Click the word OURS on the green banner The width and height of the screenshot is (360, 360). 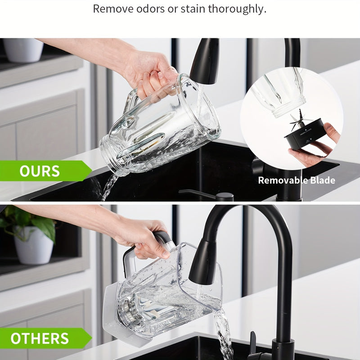click(x=40, y=171)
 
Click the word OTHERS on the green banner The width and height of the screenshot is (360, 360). click(x=40, y=338)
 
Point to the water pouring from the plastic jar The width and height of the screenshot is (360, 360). click(x=223, y=333)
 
